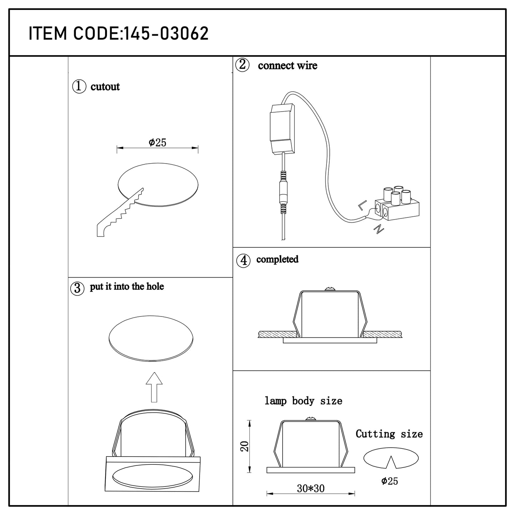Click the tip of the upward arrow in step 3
(x=154, y=372)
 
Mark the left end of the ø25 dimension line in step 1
(x=117, y=148)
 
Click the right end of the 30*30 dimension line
(x=355, y=493)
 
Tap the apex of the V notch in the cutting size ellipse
(x=391, y=456)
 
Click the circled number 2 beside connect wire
(x=242, y=65)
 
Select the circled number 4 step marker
(x=243, y=260)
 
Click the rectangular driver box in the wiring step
(x=283, y=129)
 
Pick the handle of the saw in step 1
(x=101, y=230)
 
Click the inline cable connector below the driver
(x=283, y=192)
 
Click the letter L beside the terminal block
(x=362, y=205)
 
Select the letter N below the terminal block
(x=379, y=229)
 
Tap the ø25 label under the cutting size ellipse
(x=390, y=481)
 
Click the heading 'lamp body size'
(x=303, y=401)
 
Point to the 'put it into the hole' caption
(x=127, y=287)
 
